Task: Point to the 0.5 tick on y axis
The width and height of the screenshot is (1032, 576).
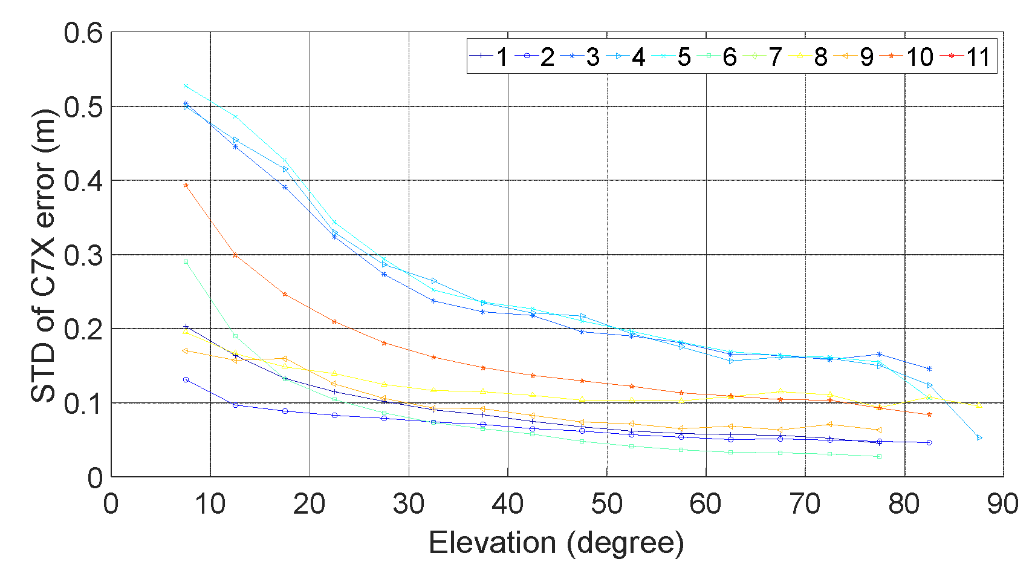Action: point(83,107)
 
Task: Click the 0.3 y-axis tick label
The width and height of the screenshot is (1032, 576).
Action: point(83,255)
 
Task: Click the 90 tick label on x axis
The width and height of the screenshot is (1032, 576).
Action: point(1002,504)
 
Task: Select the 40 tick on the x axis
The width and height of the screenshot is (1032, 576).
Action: point(507,504)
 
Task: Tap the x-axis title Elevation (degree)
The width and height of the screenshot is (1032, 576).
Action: point(556,543)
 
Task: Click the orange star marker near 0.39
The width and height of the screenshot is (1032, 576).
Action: point(186,185)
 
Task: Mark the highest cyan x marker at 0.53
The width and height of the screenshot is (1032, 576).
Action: point(186,86)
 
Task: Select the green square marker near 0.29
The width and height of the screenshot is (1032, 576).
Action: point(186,262)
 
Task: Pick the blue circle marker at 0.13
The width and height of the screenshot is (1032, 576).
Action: point(186,379)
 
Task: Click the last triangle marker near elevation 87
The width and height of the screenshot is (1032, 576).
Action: point(979,437)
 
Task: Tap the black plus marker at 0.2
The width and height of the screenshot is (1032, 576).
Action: point(186,327)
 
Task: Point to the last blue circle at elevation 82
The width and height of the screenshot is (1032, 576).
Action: point(929,442)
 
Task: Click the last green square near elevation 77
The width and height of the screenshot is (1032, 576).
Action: point(880,456)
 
